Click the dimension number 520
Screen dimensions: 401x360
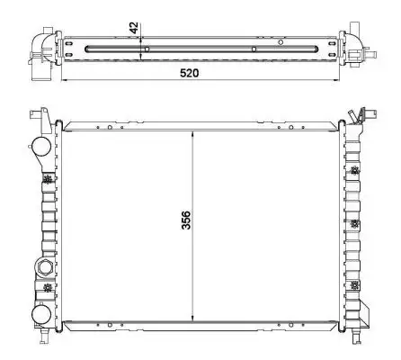(x=189, y=73)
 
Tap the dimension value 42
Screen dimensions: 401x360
(x=134, y=28)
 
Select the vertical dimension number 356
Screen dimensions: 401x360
(x=186, y=220)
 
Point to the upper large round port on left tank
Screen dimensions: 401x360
(x=41, y=146)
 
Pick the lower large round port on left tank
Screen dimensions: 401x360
(x=41, y=315)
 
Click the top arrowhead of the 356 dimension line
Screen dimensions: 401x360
(x=192, y=134)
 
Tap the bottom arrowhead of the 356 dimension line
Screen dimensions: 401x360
(x=192, y=318)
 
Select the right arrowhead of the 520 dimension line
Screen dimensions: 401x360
(x=336, y=80)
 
